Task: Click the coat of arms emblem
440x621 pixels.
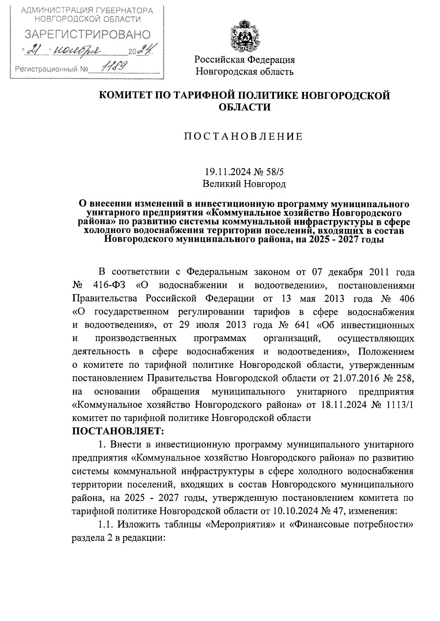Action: [245, 37]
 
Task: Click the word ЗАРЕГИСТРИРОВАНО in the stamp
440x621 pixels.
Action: [88, 34]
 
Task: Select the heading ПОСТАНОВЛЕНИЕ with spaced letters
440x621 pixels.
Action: [244, 137]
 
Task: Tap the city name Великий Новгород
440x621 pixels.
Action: [244, 184]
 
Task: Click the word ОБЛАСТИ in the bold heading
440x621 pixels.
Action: [245, 107]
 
